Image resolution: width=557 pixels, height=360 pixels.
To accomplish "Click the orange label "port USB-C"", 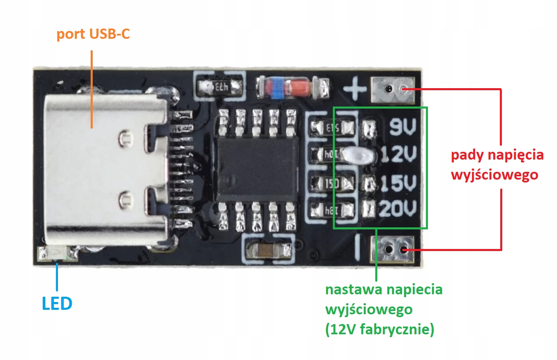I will click(93, 34).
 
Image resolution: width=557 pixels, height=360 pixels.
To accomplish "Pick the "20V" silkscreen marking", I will click(399, 210).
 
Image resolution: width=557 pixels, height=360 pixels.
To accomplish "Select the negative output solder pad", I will click(394, 249).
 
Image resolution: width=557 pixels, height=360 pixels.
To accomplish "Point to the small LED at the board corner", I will click(57, 254).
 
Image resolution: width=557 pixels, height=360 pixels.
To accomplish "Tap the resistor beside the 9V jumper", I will click(332, 128).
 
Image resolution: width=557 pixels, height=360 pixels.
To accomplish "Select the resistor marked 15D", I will click(332, 183).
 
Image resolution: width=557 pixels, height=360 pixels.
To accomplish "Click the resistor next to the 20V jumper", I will click(332, 211).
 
